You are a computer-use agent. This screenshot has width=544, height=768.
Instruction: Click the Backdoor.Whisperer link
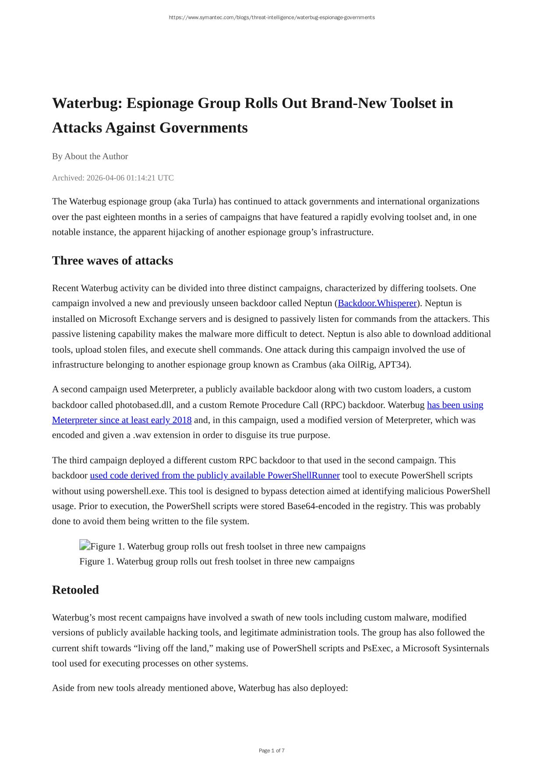(x=377, y=304)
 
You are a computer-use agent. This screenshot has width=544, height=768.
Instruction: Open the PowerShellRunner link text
(x=215, y=476)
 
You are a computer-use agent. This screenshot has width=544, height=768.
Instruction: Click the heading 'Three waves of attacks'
(x=113, y=261)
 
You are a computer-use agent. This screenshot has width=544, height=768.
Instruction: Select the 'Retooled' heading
(x=75, y=590)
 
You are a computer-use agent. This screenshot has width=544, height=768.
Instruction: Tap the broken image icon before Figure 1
(x=85, y=545)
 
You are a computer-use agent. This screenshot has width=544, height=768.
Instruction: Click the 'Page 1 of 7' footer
(x=272, y=751)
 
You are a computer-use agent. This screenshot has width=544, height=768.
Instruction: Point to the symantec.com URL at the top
(x=272, y=17)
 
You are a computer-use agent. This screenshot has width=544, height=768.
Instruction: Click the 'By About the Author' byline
(x=90, y=157)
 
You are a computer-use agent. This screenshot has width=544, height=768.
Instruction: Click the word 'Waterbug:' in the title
(x=87, y=103)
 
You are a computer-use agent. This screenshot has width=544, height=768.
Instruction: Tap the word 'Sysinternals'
(x=466, y=649)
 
